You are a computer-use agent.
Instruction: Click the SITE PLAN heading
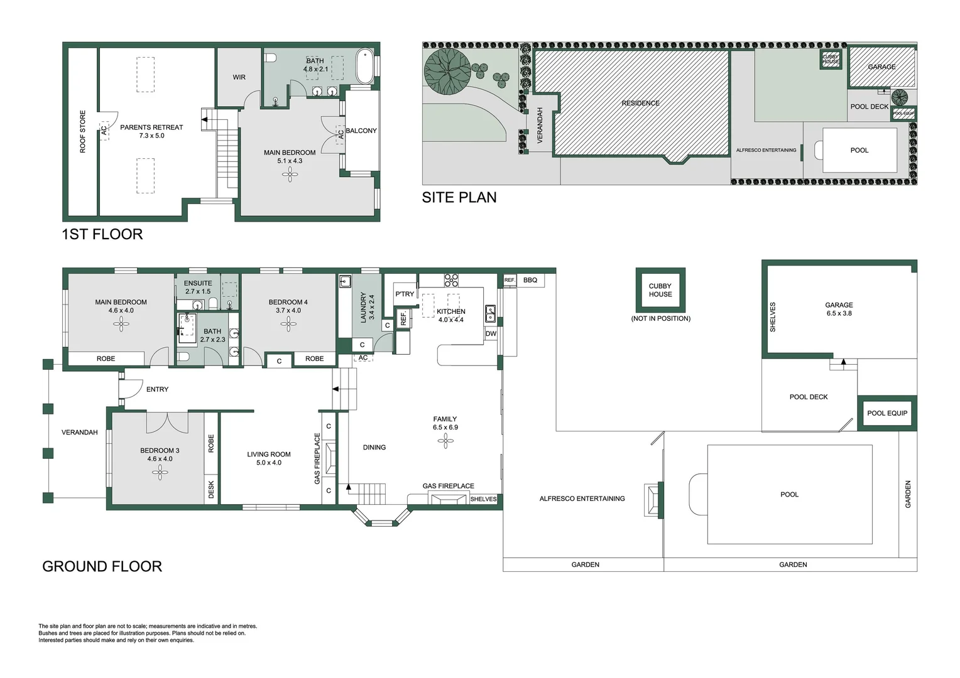click(x=459, y=197)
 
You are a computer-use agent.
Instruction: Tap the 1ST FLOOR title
click(x=102, y=234)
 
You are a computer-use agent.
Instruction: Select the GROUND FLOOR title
click(x=102, y=566)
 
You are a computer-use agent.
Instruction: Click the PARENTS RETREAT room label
click(x=151, y=127)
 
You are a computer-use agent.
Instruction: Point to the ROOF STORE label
click(x=82, y=132)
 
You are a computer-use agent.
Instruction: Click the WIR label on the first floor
click(x=239, y=77)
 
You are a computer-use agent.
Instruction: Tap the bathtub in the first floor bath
click(x=364, y=67)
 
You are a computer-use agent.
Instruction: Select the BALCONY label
click(x=361, y=131)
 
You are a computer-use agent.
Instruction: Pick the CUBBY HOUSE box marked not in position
click(x=660, y=290)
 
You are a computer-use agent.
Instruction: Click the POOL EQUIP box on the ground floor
click(x=887, y=413)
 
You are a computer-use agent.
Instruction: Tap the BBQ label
click(x=530, y=280)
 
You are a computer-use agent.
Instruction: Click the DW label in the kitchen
click(x=491, y=334)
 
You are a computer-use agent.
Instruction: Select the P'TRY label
click(x=405, y=294)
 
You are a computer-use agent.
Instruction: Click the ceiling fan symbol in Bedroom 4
click(x=288, y=324)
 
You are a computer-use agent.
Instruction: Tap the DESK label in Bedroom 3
click(x=211, y=490)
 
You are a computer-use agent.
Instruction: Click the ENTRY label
click(x=157, y=389)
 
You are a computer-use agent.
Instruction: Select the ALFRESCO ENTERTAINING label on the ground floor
click(x=582, y=498)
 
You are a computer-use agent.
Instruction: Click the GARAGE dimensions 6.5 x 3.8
click(x=839, y=313)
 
